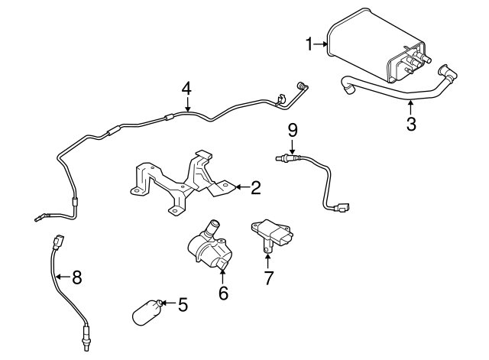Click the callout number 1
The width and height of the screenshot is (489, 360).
pos(310,45)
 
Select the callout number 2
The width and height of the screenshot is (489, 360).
pos(256,186)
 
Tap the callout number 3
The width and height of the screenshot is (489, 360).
pos(411,125)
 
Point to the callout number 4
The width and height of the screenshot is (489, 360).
pos(186,89)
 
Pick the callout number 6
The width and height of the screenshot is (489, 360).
pos(223,293)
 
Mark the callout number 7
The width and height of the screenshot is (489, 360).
pos(268,277)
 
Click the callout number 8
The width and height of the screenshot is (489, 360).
pos(76,277)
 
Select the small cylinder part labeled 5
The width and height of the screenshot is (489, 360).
pos(147,313)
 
